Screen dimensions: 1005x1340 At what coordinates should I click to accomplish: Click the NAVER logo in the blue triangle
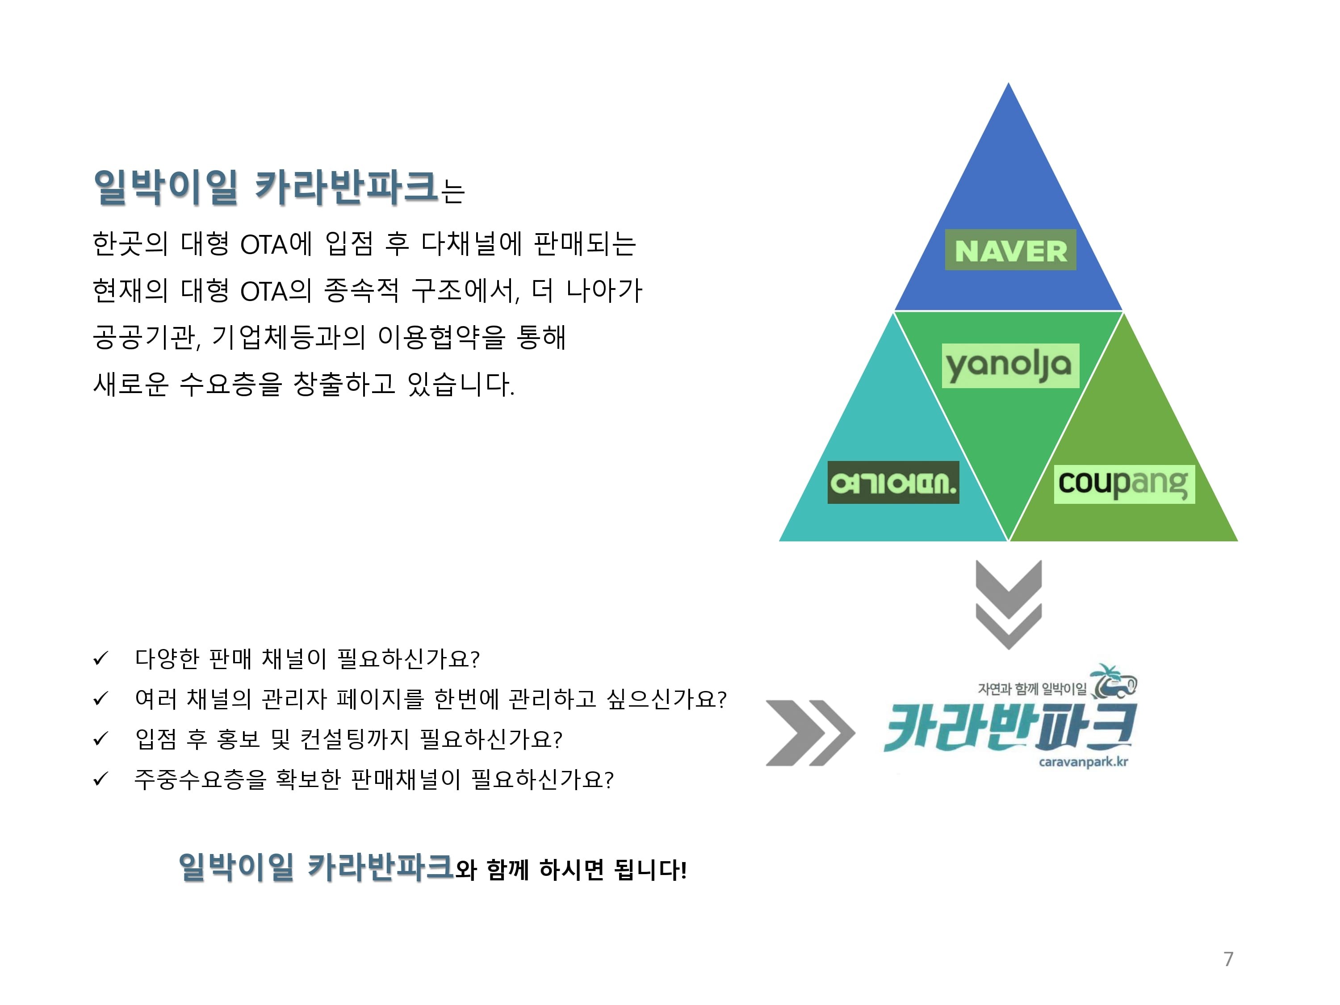coord(1010,250)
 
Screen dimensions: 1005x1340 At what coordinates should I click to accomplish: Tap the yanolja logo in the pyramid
coord(1010,365)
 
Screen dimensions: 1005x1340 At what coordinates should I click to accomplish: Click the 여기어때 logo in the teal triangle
coord(893,482)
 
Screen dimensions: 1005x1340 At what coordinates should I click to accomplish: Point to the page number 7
coord(1228,959)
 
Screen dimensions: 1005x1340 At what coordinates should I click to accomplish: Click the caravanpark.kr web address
coord(1083,762)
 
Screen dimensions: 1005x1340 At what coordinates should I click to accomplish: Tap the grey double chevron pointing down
coord(1008,604)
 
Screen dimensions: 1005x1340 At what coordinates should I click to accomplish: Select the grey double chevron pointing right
coord(809,733)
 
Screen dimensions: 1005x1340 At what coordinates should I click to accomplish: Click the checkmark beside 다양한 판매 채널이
coord(100,658)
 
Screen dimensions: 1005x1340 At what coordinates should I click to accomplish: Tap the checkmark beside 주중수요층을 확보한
coord(100,779)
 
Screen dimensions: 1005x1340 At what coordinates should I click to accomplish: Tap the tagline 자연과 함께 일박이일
coord(1032,689)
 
